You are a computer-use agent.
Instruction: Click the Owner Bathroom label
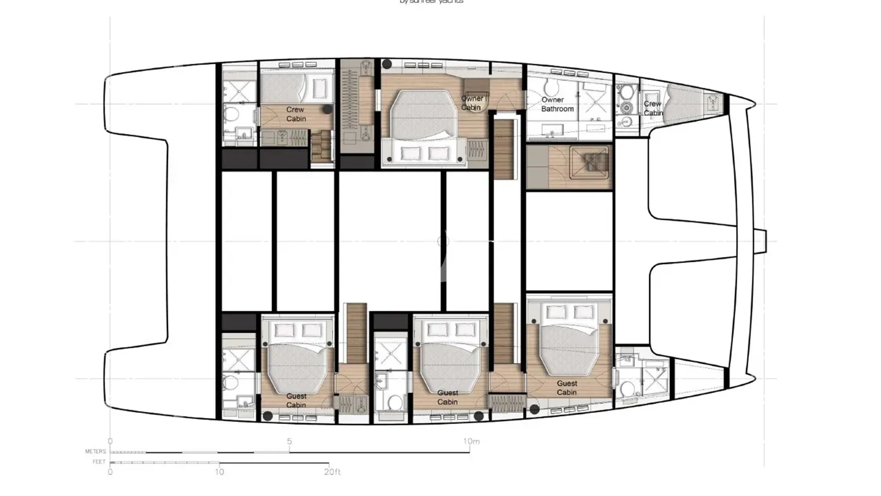pos(557,104)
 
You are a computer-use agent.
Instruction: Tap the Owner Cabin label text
pos(471,103)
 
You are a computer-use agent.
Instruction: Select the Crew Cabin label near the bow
pos(652,108)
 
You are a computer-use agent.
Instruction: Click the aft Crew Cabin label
pos(296,114)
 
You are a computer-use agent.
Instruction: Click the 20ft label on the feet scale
pos(332,472)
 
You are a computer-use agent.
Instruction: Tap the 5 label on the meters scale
pos(289,441)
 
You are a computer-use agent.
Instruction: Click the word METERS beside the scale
pos(95,451)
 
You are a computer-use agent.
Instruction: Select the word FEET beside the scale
pos(99,462)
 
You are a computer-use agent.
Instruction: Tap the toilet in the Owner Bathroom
pos(549,87)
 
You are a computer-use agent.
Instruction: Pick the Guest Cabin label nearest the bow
pos(567,387)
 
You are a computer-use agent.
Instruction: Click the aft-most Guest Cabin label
pos(296,401)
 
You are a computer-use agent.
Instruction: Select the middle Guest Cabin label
pos(447,397)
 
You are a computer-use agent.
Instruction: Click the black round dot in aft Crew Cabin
pos(327,109)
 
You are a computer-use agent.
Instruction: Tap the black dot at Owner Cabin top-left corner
pos(388,64)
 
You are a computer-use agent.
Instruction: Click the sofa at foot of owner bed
pos(424,153)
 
